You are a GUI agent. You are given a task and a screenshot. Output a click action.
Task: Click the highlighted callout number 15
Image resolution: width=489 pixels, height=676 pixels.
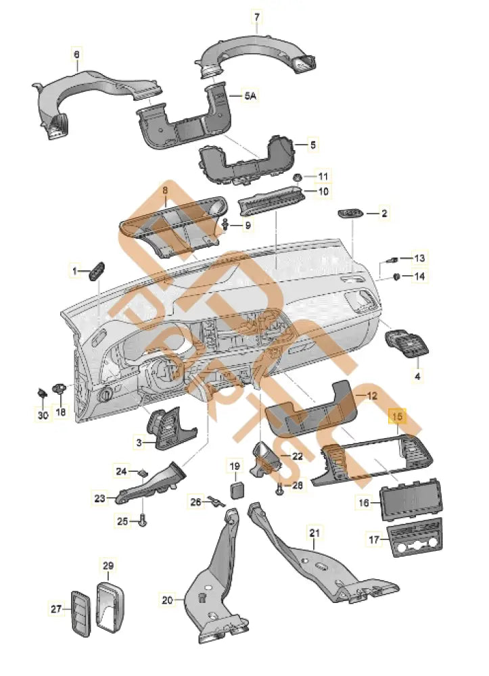tap(397, 418)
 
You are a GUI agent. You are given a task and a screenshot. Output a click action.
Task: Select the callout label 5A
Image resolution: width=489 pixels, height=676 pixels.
tap(250, 97)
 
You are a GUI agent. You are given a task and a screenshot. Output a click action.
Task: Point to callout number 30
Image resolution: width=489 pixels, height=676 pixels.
tap(43, 416)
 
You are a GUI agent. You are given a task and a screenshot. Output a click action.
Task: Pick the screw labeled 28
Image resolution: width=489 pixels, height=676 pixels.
tap(279, 487)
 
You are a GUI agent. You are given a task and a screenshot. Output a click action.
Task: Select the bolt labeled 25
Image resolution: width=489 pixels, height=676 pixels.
tap(143, 521)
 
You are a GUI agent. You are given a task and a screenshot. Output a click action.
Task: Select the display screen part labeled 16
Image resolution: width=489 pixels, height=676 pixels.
tap(411, 500)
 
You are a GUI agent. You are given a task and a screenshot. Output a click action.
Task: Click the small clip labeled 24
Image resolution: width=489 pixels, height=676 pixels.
tap(143, 472)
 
